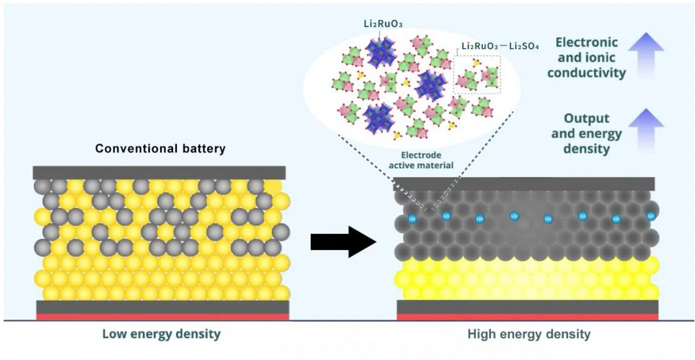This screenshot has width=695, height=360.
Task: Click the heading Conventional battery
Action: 160,148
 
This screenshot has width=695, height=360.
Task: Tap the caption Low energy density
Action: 161,334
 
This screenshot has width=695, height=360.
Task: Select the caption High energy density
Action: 529,334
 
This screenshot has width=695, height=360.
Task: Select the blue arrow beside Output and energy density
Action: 645,128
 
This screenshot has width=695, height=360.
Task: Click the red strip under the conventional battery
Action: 162,317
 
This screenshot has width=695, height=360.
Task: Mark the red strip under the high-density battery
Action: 527,317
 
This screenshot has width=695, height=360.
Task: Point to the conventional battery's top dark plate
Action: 159,172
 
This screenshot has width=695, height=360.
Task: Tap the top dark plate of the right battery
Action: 524,184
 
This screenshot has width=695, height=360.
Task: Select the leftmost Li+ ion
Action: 412,219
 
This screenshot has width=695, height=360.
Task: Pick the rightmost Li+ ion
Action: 651,216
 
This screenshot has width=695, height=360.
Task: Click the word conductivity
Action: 586,73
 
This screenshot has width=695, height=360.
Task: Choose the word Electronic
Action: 586,42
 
